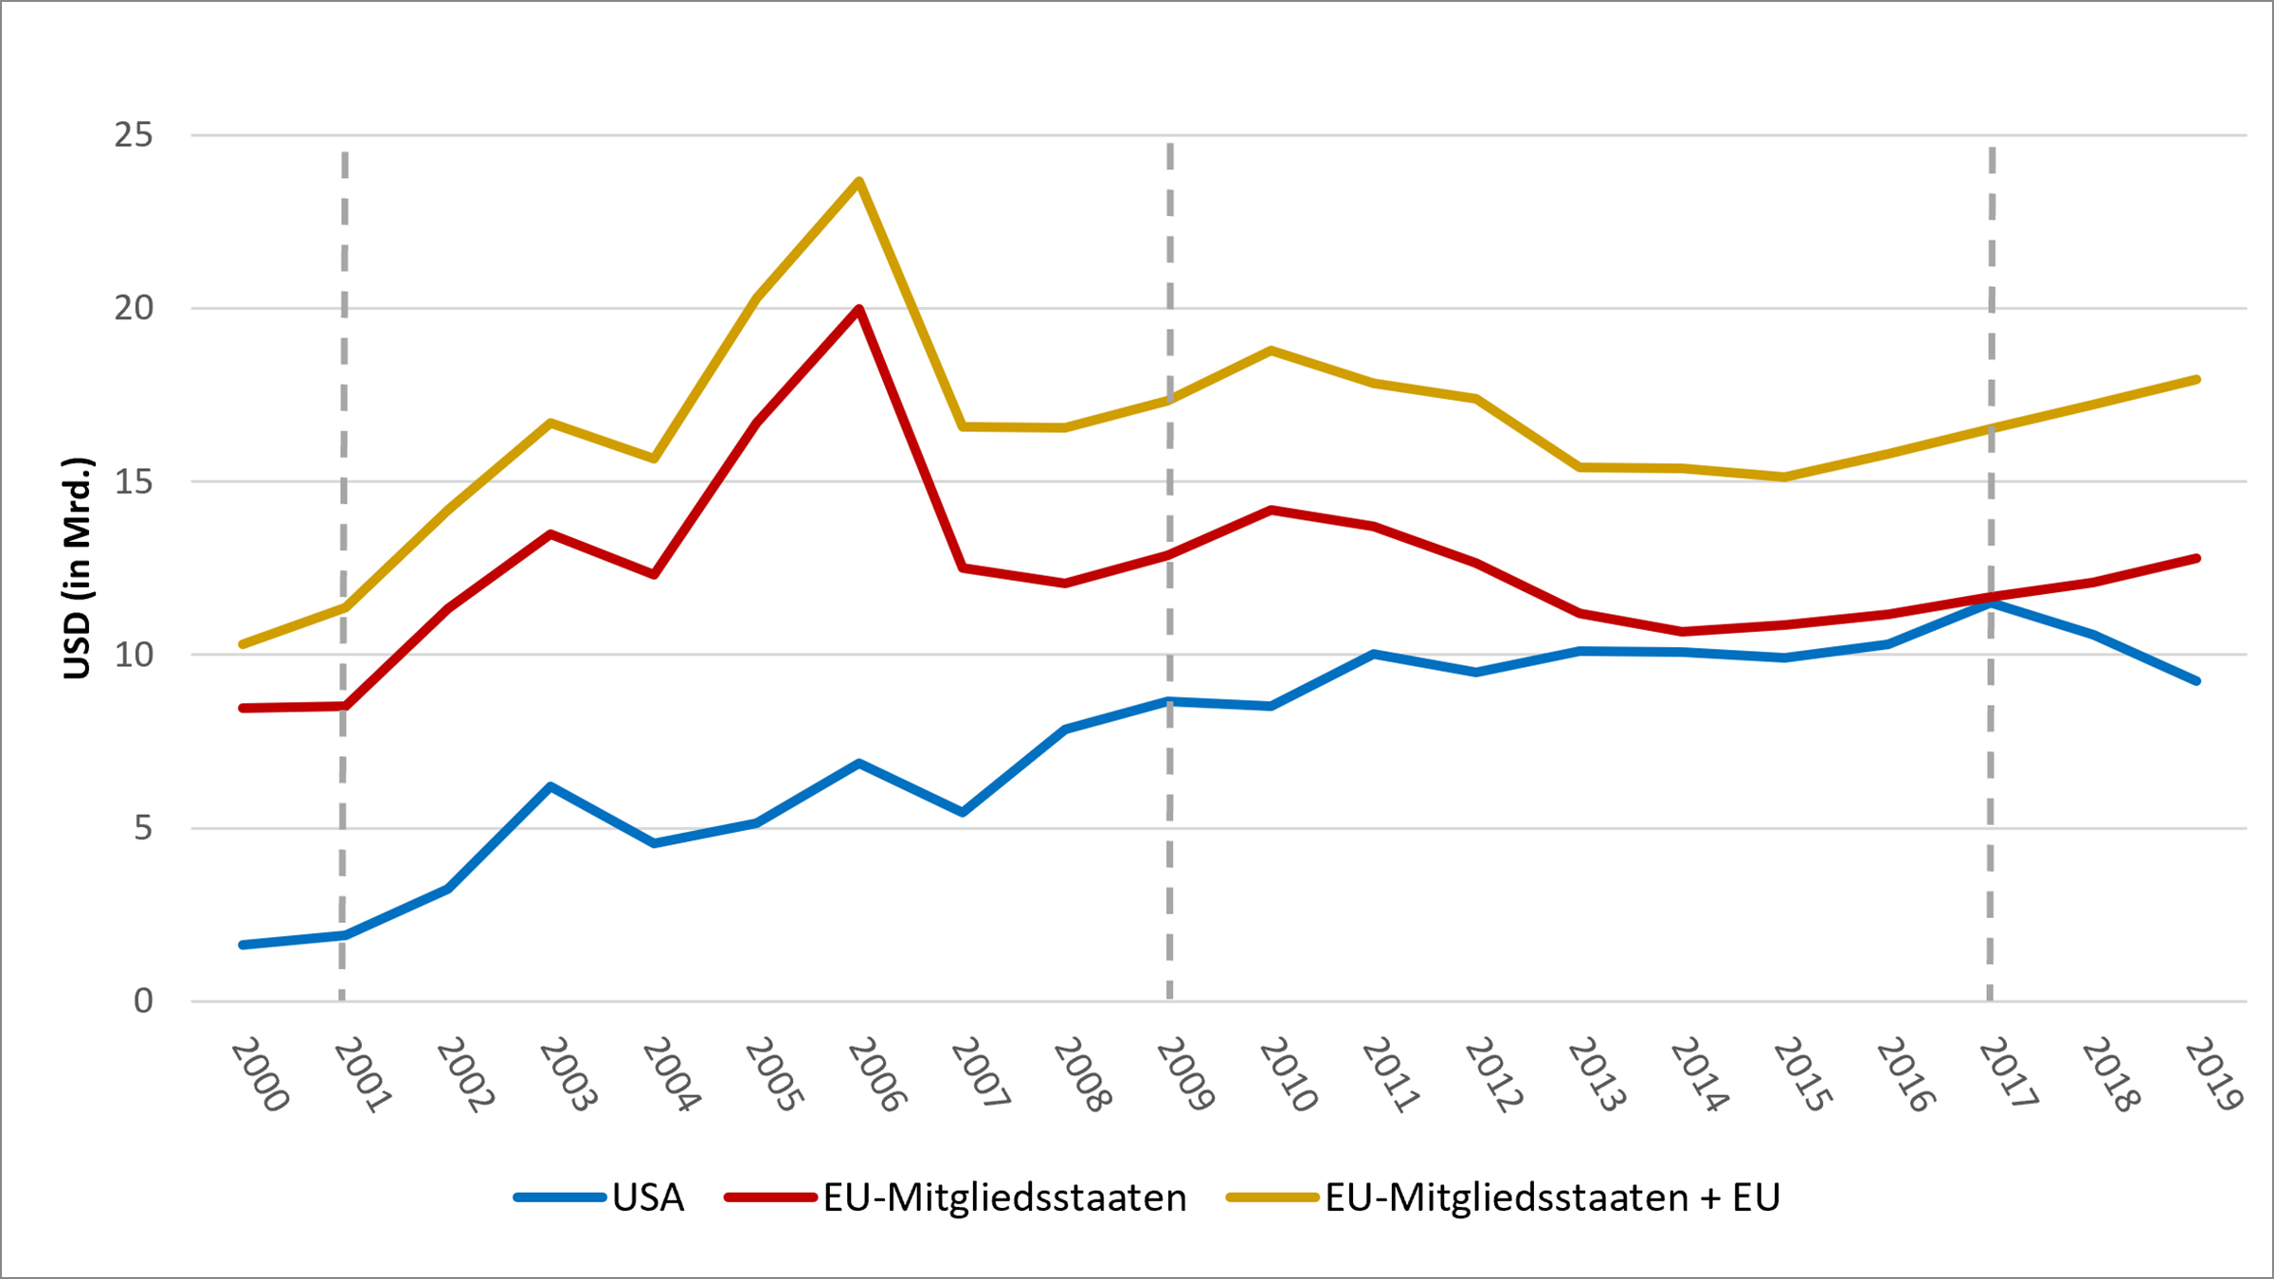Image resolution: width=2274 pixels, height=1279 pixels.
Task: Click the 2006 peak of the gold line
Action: pyautogui.click(x=858, y=181)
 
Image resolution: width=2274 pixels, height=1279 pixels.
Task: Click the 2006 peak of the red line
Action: pyautogui.click(x=858, y=309)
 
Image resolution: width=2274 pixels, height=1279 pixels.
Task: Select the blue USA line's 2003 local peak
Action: pyautogui.click(x=550, y=786)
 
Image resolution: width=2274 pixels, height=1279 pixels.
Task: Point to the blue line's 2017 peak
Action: pyautogui.click(x=1992, y=603)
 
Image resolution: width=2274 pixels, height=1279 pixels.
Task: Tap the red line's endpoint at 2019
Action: pyautogui.click(x=2196, y=558)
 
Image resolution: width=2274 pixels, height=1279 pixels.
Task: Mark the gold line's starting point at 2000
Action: pyautogui.click(x=243, y=644)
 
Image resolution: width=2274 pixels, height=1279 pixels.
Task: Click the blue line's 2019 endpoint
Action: pyautogui.click(x=2196, y=681)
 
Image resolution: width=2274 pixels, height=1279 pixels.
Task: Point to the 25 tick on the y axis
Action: pyautogui.click(x=134, y=135)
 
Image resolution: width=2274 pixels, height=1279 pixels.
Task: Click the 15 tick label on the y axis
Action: pyautogui.click(x=134, y=482)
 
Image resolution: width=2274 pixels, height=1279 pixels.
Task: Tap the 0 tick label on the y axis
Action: pyautogui.click(x=143, y=1000)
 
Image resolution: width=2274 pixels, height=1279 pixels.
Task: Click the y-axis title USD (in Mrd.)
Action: pyautogui.click(x=78, y=568)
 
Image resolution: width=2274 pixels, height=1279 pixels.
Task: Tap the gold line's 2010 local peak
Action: pyautogui.click(x=1271, y=350)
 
